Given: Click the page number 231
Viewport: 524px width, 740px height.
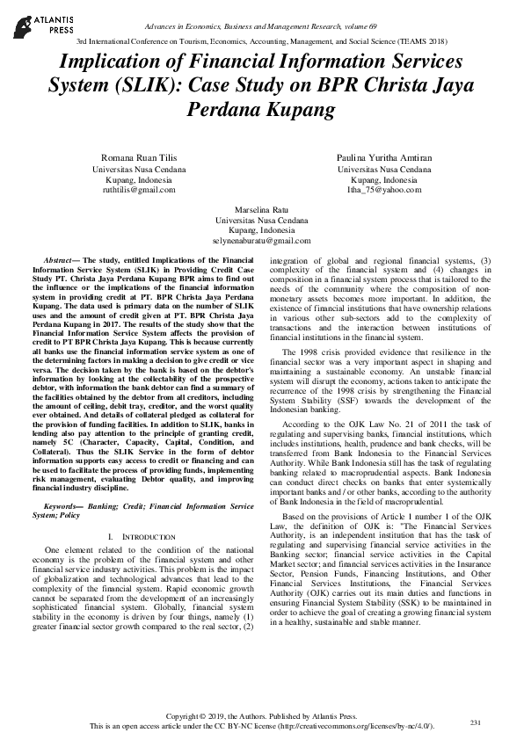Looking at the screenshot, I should pos(477,722).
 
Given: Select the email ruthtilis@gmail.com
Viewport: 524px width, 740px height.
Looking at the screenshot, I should pos(139,189).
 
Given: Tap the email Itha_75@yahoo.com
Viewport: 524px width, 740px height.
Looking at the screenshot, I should pos(385,189).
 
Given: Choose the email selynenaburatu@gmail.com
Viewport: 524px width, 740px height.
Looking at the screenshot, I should pos(262,240).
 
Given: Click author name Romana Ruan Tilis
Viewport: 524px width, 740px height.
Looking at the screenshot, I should pos(139,156).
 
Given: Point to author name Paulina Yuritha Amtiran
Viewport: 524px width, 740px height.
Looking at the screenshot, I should pos(385,156).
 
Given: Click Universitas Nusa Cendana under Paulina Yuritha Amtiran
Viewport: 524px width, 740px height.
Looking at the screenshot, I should pos(385,167).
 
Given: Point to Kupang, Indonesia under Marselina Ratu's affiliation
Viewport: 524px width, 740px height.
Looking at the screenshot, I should pos(262,229).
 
